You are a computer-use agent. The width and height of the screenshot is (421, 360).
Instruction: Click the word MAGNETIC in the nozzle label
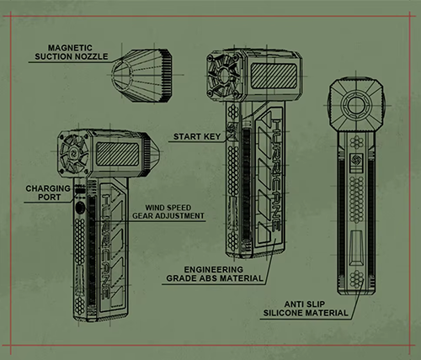(x=70, y=48)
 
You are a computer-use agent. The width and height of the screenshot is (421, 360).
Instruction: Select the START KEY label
(x=197, y=137)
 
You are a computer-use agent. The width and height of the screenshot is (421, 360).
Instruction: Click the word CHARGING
(x=48, y=188)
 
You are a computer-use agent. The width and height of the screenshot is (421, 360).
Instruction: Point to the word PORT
(x=49, y=197)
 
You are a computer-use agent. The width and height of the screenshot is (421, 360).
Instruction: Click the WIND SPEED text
(x=168, y=208)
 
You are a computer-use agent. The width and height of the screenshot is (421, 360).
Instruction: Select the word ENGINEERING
(x=214, y=269)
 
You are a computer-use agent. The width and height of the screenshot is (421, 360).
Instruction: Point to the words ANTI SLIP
(x=305, y=304)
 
